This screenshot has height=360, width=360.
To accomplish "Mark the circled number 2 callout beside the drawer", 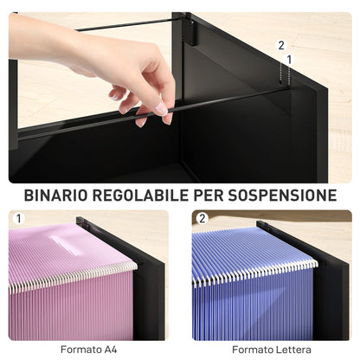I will tap(280, 44).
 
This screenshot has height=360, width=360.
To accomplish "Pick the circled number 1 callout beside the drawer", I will tap(289, 59).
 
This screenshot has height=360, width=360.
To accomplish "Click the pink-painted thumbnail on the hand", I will tap(161, 109).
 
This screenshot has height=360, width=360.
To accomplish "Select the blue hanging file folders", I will tap(251, 294).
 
